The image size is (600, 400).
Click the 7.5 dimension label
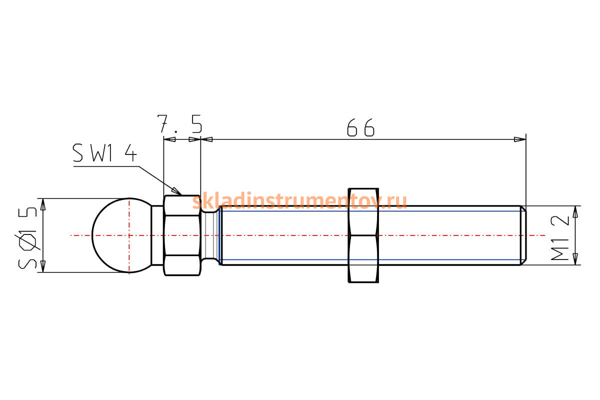[x=179, y=124]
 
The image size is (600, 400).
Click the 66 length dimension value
[x=360, y=127]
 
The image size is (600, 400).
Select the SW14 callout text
[x=104, y=152]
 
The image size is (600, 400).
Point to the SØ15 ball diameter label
[x=27, y=238]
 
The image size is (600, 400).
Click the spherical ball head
[x=122, y=235]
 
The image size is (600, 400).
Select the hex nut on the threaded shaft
[x=363, y=235]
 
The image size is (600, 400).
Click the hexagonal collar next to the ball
[x=182, y=235]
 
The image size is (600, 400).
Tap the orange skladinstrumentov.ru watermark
[x=299, y=201]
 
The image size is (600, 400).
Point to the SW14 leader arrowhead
[x=176, y=191]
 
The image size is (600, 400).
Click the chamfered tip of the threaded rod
[x=523, y=235]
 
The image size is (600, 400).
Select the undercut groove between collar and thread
[x=210, y=235]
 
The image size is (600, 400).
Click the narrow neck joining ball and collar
[x=157, y=235]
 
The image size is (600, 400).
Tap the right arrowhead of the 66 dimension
[x=520, y=139]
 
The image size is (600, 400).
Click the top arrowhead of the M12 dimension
[x=575, y=211]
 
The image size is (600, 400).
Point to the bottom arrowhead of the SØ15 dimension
[x=43, y=266]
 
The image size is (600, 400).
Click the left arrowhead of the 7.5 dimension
[x=169, y=139]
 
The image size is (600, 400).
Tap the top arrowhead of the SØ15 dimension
[x=43, y=204]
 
